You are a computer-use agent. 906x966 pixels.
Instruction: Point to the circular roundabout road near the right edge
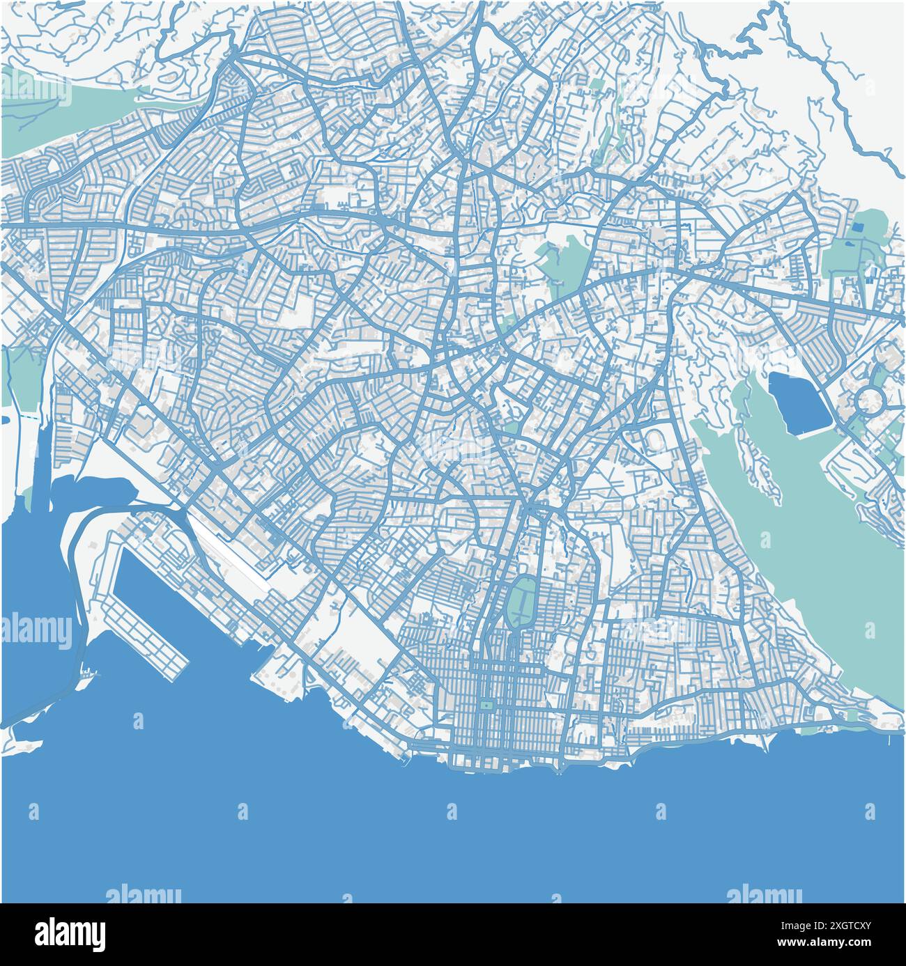point(869,400)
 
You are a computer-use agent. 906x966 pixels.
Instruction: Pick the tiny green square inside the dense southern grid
point(484,706)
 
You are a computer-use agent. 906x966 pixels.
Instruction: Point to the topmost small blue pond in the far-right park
point(857,227)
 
